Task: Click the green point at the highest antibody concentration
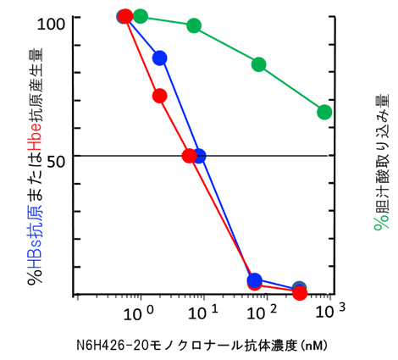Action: [324, 112]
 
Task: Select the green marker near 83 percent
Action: [259, 64]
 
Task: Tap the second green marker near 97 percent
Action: [194, 25]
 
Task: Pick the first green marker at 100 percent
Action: [141, 16]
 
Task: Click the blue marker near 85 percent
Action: [159, 58]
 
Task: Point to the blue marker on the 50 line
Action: [199, 156]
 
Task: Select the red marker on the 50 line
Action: [189, 155]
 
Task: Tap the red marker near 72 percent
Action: [159, 96]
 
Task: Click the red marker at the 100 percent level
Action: [126, 16]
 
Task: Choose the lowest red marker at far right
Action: [299, 293]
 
